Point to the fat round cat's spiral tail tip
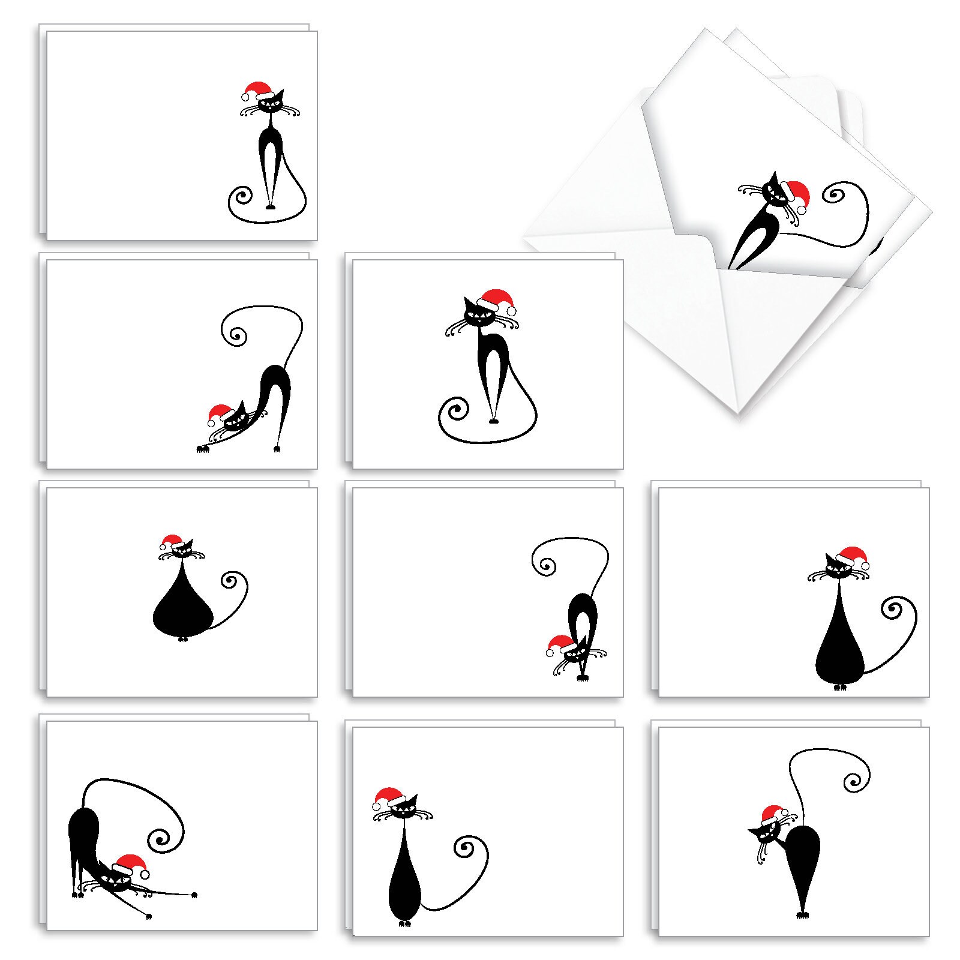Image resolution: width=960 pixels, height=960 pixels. click(230, 581)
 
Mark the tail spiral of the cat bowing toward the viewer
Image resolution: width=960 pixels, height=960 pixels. click(545, 564)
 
